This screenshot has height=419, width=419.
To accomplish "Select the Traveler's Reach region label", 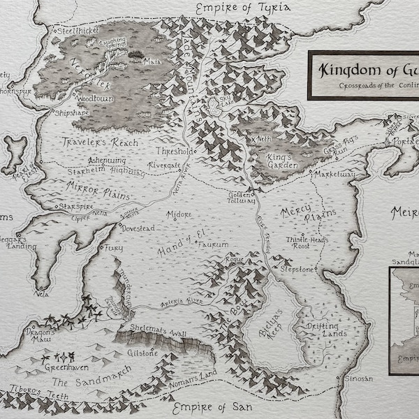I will (x=98, y=142).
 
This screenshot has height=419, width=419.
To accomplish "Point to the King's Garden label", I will (x=282, y=161).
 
